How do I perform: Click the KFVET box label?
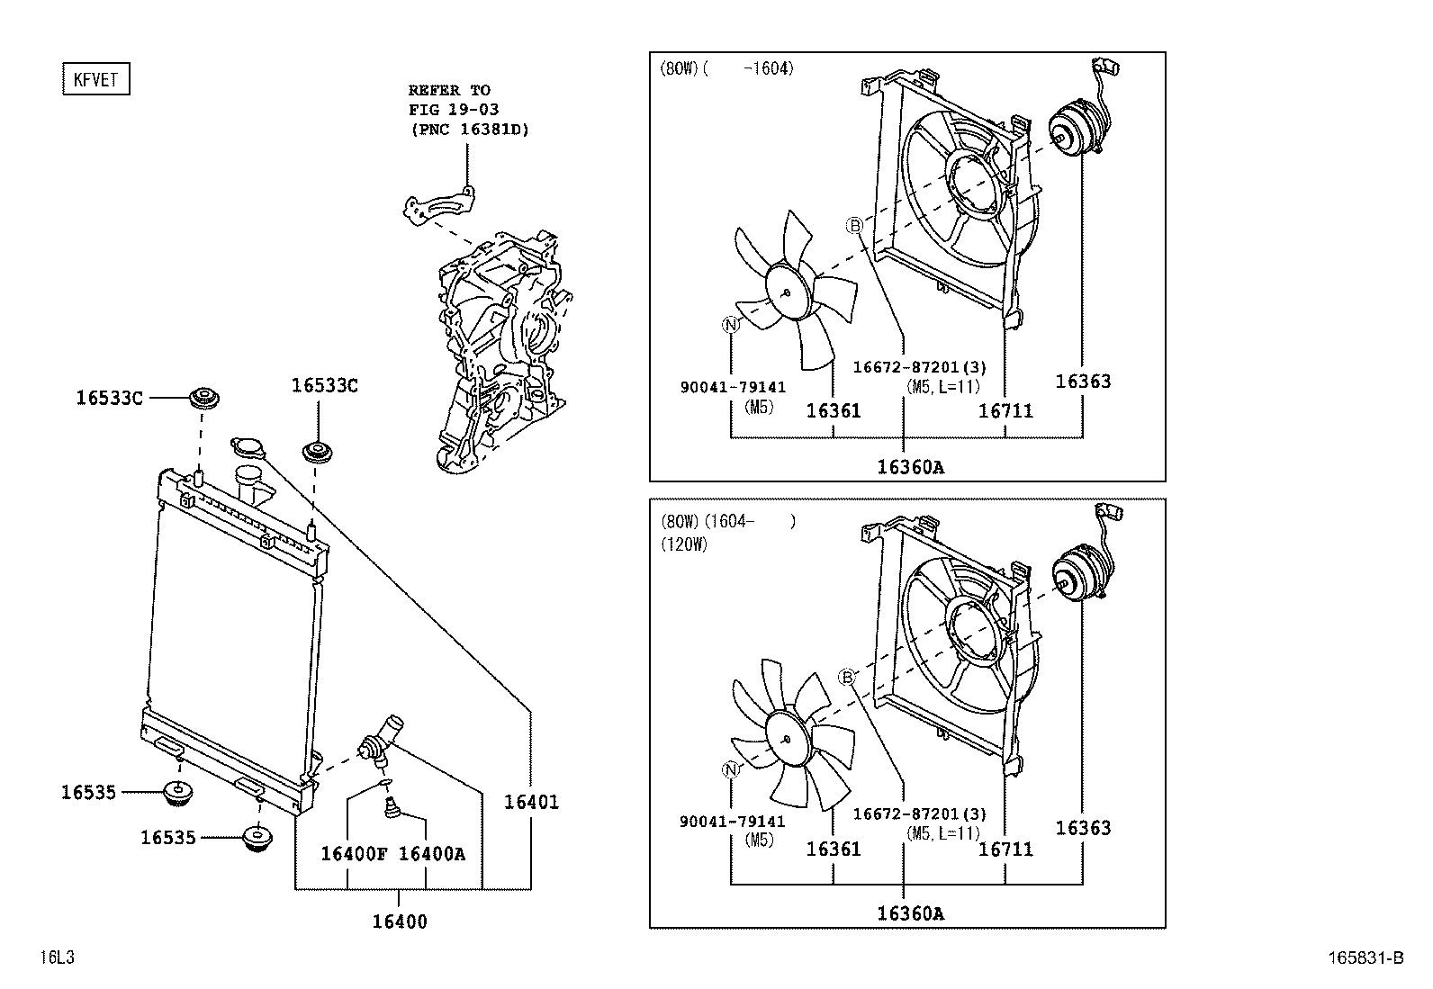96,79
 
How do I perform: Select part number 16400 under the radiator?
400,922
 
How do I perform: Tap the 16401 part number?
530,802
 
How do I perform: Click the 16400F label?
354,854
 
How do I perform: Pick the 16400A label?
432,854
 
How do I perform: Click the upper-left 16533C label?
109,397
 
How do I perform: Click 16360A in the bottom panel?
911,914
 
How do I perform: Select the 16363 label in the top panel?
1083,382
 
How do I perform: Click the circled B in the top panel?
854,226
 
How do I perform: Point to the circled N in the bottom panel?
731,769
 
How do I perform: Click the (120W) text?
684,545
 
